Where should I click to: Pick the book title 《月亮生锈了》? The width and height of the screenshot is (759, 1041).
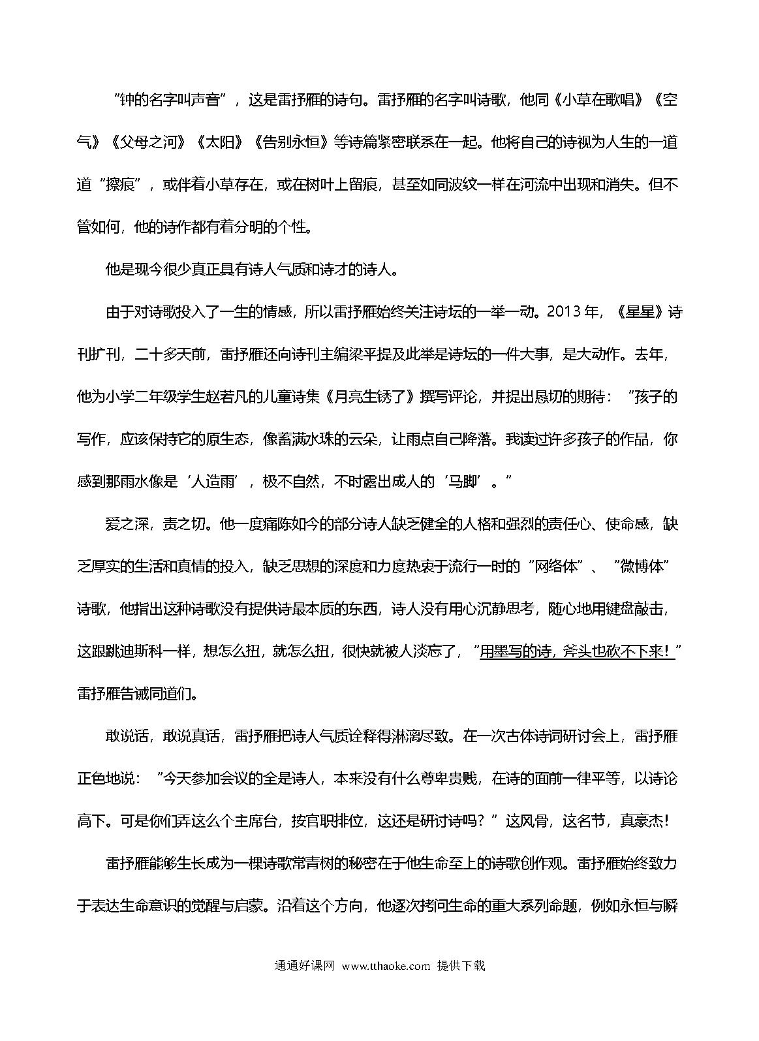tap(370, 396)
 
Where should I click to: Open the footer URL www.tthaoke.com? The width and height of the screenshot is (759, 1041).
tap(386, 966)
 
